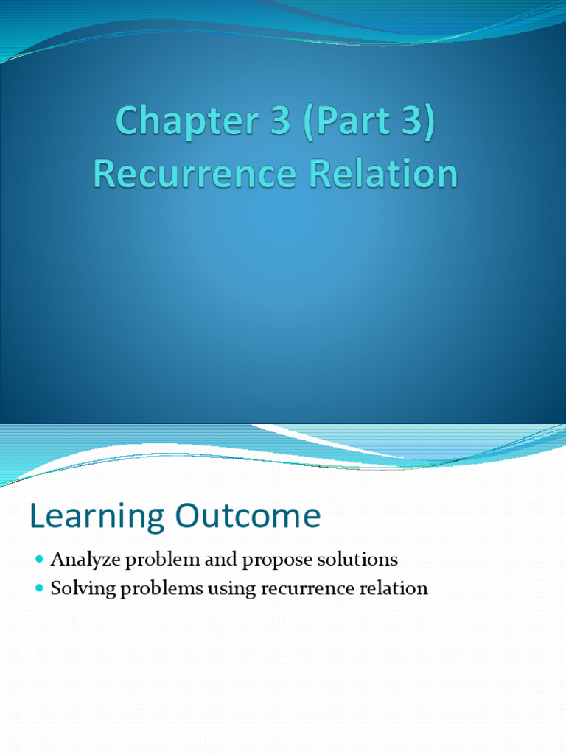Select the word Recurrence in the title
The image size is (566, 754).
192,174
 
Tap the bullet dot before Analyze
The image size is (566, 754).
40,560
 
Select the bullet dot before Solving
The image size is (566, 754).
40,589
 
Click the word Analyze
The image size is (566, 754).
85,560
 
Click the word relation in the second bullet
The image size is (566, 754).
391,589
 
